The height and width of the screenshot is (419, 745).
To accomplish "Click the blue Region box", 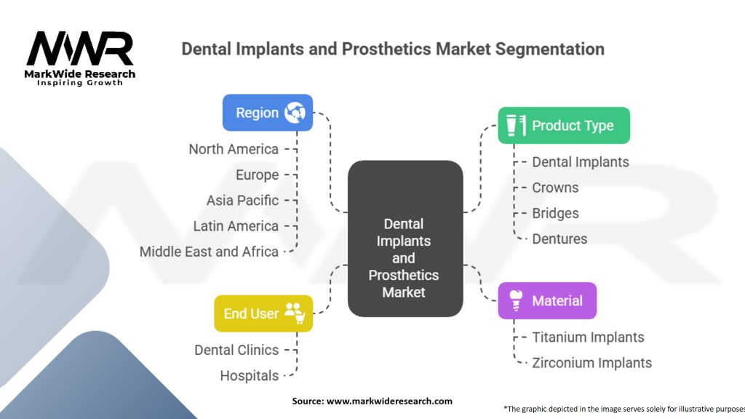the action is (x=268, y=113).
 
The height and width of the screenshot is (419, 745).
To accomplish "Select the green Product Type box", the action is (x=564, y=125).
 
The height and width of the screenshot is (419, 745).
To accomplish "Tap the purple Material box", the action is (x=547, y=300).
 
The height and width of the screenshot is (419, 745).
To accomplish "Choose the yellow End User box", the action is (x=263, y=314).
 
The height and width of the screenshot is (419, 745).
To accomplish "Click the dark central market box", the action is (x=405, y=239).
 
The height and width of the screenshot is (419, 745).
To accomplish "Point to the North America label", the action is (x=234, y=149).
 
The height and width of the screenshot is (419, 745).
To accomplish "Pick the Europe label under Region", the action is (x=257, y=175).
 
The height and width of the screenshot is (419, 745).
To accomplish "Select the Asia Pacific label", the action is (x=242, y=201).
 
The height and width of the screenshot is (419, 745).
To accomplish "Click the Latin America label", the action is (x=236, y=226).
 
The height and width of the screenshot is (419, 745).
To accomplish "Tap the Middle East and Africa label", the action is (x=209, y=252).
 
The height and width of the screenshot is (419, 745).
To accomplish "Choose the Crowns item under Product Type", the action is (x=555, y=188).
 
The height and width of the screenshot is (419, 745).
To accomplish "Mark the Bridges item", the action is (x=555, y=213).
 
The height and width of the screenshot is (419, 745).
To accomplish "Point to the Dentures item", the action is (x=559, y=239).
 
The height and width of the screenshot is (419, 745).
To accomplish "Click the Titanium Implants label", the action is (x=588, y=338).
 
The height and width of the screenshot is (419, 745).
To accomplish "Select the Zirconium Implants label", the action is (x=591, y=363).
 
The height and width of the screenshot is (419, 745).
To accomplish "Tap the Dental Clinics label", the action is (x=236, y=350).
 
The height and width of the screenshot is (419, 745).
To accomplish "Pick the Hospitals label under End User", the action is (x=249, y=376).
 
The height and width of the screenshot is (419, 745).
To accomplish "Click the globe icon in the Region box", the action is (x=295, y=113).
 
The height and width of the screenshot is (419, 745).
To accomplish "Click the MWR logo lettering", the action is (x=80, y=49).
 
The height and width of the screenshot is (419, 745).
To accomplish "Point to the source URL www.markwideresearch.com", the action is (x=389, y=401).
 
